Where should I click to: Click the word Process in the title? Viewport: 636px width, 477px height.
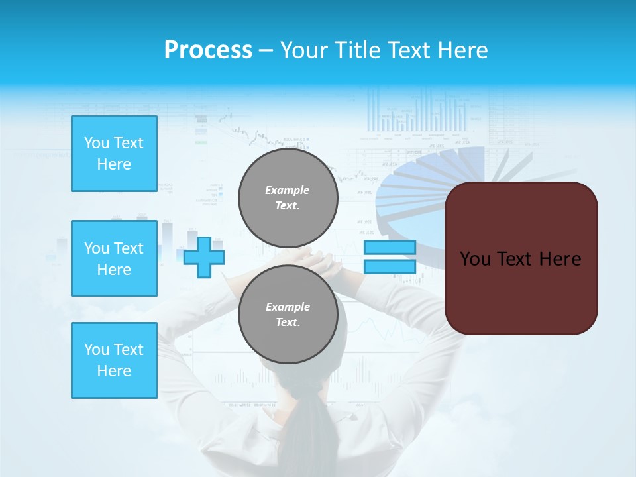coord(208,50)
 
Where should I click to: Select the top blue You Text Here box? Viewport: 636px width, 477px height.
coord(114,154)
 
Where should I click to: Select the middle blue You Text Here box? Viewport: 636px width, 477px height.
coord(114,258)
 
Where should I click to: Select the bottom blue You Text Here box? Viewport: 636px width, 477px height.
coord(114,360)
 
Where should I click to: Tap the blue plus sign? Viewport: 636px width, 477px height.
coord(204,257)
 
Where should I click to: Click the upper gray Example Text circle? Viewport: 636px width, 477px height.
coord(288,198)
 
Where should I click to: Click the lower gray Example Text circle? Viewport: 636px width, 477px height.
coord(288,314)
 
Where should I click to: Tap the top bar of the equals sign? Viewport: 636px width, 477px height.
coord(390,248)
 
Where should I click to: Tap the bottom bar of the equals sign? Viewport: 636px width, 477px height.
coord(390,267)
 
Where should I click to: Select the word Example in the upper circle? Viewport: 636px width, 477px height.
coord(288,190)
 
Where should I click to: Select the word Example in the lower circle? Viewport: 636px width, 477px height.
coord(288,307)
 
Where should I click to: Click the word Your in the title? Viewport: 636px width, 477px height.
coord(303,50)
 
